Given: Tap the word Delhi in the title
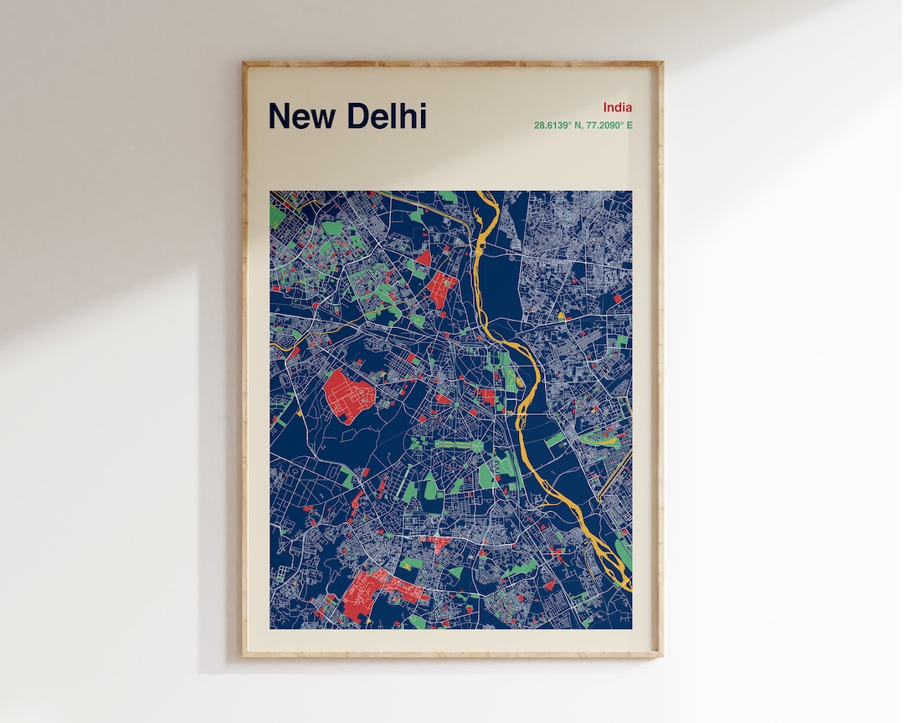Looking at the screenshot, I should coord(387,116).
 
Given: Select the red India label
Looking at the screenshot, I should coord(618,107).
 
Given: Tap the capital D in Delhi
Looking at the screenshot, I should coord(357,116).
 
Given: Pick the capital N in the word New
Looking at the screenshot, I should coord(279,116).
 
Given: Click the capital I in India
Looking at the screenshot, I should coord(604,107).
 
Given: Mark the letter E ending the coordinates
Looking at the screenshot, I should coord(630,126).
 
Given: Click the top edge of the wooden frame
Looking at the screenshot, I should coord(452,64).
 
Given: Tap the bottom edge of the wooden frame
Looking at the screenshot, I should coord(452,654).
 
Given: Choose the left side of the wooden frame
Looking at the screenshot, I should coord(245,360).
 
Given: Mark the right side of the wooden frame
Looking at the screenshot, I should coord(659,360).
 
